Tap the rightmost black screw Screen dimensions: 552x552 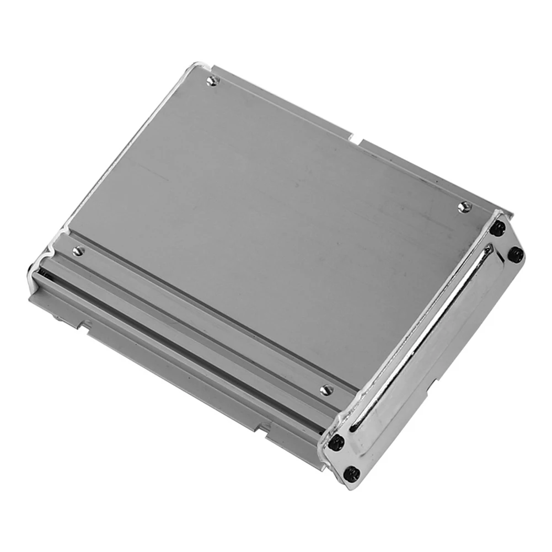(x=516, y=254)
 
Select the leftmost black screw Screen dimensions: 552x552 (x=336, y=442)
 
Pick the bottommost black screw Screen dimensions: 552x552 (x=351, y=473)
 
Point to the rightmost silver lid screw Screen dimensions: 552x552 (x=463, y=206)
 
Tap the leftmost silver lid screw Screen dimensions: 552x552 (x=78, y=251)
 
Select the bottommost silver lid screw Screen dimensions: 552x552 (x=326, y=390)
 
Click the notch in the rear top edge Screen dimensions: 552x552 (x=354, y=138)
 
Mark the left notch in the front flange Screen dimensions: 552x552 (x=84, y=325)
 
